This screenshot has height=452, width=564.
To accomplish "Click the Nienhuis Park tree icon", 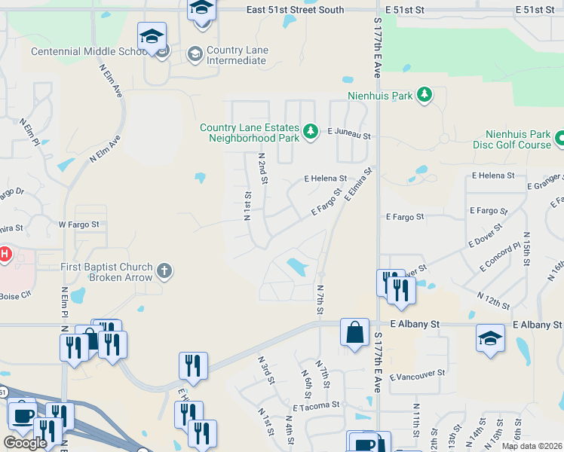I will [425, 95].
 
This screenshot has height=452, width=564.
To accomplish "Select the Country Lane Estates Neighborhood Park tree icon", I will [310, 133].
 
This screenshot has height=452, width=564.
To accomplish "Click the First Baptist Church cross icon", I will [166, 270].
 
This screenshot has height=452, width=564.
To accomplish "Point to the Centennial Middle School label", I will [89, 51].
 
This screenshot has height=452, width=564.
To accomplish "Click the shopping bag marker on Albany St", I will [354, 332].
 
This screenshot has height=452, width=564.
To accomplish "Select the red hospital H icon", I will [4, 255].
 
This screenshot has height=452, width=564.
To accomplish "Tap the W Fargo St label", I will [78, 224].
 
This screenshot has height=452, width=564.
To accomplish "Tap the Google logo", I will [24, 442].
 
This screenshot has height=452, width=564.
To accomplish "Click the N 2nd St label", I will [263, 168].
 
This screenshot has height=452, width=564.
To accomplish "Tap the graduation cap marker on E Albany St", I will [490, 337].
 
